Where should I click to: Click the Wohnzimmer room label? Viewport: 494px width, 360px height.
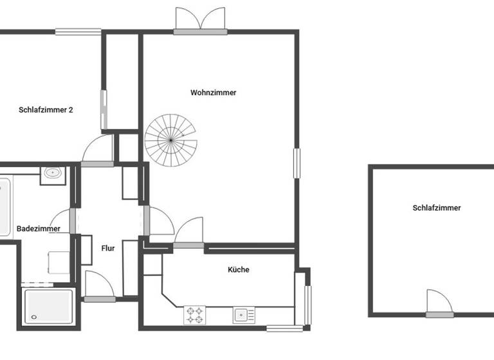(213, 93)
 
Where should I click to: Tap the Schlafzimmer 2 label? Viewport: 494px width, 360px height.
(46, 110)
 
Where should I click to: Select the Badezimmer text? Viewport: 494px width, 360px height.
(39, 228)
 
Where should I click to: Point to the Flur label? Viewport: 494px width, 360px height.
(108, 248)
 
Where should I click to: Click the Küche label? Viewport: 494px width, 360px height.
(238, 270)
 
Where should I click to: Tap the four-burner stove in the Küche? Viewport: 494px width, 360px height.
(195, 315)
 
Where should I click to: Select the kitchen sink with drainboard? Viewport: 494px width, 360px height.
(243, 315)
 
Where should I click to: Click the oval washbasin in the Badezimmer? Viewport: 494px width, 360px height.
(52, 174)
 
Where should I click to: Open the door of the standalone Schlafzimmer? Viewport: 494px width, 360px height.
(439, 303)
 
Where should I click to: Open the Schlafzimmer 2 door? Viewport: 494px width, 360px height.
(98, 152)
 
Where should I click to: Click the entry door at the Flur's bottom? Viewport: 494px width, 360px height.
(99, 287)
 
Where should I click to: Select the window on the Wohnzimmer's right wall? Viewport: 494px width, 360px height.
(297, 163)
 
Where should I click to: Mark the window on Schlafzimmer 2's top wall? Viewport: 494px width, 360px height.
(78, 31)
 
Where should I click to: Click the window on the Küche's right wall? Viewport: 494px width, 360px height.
(307, 305)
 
